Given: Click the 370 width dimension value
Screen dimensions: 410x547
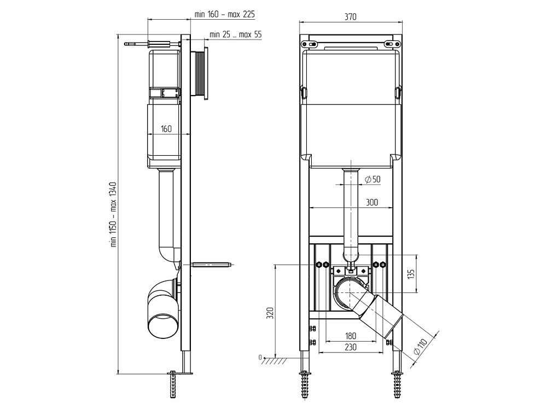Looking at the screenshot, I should coord(351,17).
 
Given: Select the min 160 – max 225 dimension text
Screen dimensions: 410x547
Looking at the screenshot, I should coord(225,14).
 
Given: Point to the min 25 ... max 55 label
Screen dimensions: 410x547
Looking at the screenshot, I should coord(236,34).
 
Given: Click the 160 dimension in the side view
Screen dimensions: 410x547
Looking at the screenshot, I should coord(166,129).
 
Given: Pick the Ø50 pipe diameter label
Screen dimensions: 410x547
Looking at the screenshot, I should coord(372,179).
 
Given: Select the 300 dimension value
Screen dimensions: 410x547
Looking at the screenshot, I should coord(372,202).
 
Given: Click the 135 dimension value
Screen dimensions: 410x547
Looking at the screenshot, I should coord(412,273).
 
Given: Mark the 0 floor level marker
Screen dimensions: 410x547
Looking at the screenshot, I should coord(260,358).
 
